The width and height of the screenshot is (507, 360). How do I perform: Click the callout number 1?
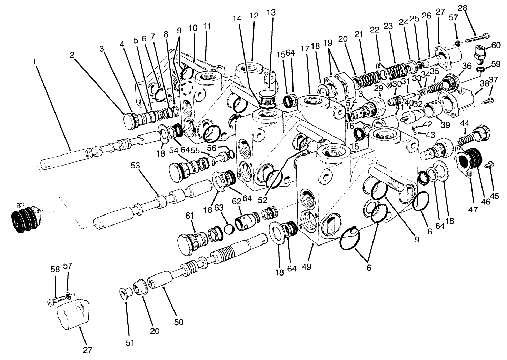point(34,61)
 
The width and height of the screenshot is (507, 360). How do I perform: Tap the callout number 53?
point(136,165)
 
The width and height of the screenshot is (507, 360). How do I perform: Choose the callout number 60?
point(496,45)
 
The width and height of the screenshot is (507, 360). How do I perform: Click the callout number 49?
point(306,267)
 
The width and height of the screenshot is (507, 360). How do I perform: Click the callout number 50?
point(179,322)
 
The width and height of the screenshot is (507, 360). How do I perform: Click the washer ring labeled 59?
point(479,70)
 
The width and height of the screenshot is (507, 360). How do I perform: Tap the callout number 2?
point(72,54)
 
